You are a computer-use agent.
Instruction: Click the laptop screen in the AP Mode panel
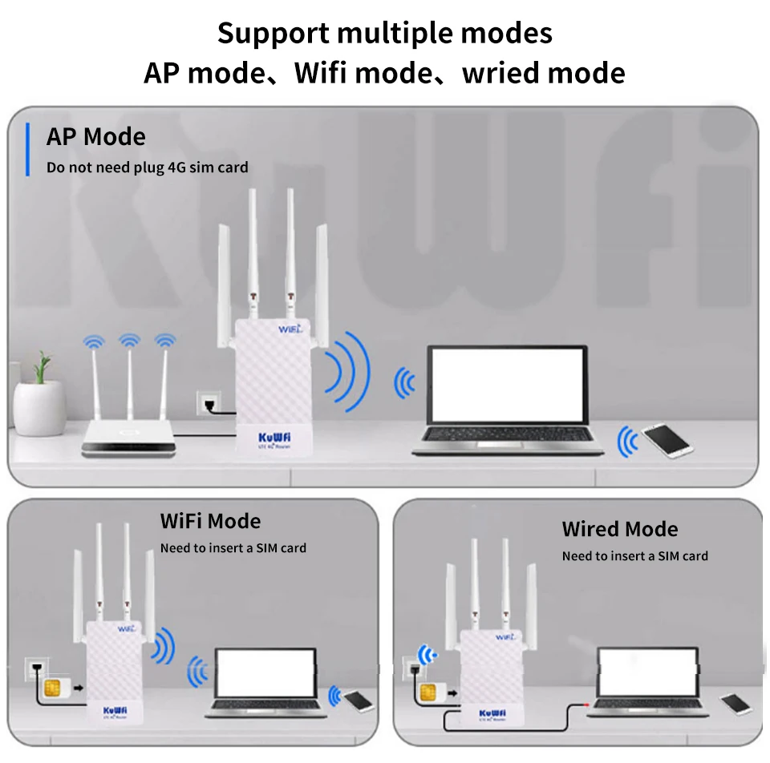(x=507, y=383)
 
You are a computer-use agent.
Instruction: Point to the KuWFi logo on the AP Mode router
(x=274, y=437)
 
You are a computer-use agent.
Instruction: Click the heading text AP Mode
(x=96, y=137)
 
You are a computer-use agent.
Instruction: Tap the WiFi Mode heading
(x=210, y=521)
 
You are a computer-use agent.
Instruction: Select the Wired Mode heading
(x=619, y=529)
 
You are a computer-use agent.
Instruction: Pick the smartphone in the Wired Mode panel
(x=736, y=703)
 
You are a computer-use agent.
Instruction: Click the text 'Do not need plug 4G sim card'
(x=148, y=168)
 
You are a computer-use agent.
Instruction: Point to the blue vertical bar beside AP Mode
(x=27, y=149)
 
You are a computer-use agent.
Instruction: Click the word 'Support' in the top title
(x=273, y=34)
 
